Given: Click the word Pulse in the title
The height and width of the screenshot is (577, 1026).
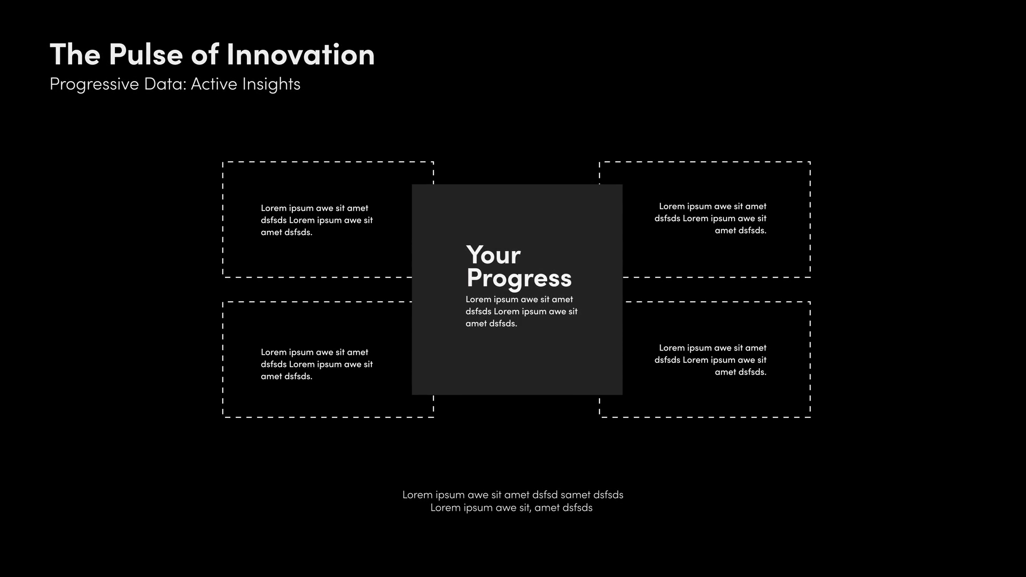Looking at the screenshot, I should [145, 54].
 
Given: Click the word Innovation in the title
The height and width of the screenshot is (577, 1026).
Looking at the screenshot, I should [300, 54].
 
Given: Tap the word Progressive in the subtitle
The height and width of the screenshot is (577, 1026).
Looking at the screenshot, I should [94, 84].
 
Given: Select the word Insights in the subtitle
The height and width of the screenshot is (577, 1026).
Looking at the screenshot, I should [271, 84].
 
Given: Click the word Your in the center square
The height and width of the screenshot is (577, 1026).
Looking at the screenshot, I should [493, 255].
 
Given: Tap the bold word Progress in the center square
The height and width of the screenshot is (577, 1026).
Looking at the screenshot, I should [519, 278].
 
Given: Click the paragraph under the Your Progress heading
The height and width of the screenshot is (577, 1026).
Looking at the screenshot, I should [521, 311].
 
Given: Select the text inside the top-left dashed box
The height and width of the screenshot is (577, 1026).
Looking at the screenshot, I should [316, 220].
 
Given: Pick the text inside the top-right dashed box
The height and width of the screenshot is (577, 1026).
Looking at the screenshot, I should [711, 219].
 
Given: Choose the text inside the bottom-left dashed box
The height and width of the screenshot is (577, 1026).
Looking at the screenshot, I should [316, 364].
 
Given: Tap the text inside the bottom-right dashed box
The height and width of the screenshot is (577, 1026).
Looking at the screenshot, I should [711, 360].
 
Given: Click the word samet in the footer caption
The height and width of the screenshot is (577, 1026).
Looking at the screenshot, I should [576, 495].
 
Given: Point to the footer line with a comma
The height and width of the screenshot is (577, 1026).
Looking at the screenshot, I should [511, 508].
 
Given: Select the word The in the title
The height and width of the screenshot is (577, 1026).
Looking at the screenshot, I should [75, 54].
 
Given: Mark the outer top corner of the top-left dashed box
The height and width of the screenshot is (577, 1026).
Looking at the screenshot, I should [223, 162].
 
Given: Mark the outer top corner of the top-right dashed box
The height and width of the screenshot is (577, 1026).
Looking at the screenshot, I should [810, 162].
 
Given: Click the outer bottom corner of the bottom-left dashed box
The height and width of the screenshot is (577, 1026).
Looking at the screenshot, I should [223, 417].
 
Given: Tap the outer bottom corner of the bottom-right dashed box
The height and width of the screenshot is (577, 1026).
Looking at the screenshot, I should [810, 417].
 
